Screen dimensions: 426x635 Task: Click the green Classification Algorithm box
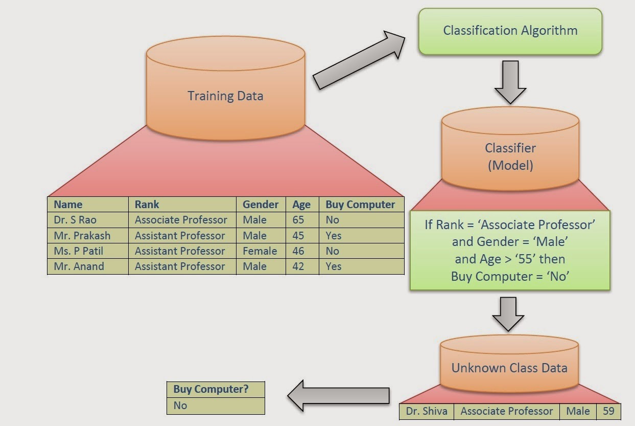[x=510, y=31]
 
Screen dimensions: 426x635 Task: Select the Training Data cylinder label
[x=225, y=96]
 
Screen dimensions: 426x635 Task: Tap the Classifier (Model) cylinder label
[x=510, y=156]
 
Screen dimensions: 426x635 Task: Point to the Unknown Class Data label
[x=509, y=368]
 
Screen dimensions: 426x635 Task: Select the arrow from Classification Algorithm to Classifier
[x=510, y=82]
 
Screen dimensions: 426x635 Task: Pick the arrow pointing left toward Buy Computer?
[x=338, y=395]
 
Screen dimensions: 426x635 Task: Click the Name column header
[x=68, y=205]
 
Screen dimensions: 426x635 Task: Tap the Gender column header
[x=261, y=205]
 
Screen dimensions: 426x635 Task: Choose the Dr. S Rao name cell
[x=75, y=220]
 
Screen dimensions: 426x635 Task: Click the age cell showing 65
[x=298, y=220]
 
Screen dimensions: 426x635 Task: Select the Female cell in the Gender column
[x=260, y=251]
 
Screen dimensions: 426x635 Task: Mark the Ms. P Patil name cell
[x=79, y=251]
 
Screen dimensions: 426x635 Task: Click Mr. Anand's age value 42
[x=298, y=266]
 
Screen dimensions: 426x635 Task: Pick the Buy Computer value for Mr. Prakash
[x=334, y=236]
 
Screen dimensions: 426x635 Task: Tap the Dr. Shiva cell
[x=427, y=411]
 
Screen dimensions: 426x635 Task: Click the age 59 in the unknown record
[x=608, y=411]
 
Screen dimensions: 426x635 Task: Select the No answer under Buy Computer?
[x=180, y=406]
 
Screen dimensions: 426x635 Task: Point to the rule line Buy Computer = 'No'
[x=510, y=277]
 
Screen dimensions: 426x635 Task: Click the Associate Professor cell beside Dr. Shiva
[x=506, y=411]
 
